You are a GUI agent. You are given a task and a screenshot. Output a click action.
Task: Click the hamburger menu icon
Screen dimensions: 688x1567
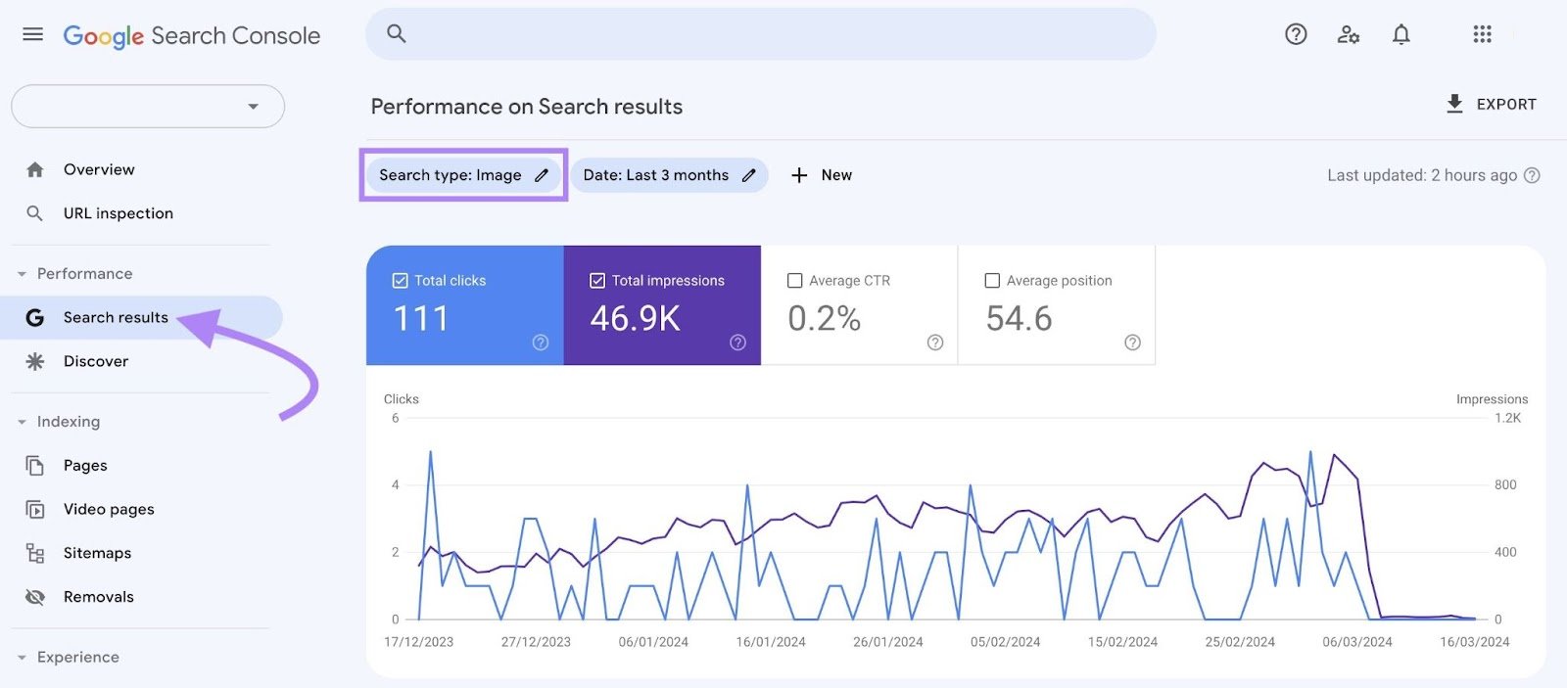pos(32,34)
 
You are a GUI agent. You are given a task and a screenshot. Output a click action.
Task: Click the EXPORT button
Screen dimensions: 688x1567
pos(1492,104)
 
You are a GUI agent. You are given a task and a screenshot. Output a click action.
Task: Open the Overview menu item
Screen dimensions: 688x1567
pos(99,169)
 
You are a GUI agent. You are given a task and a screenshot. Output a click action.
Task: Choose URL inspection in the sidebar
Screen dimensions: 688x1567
pos(118,213)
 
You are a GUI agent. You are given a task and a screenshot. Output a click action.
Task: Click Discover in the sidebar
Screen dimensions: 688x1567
pos(96,361)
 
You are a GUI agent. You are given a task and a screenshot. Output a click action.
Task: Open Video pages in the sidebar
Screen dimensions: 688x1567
pos(109,509)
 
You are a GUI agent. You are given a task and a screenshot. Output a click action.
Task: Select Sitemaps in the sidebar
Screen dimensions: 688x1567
pos(97,553)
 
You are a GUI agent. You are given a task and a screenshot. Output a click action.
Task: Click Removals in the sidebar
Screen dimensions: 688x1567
pos(98,597)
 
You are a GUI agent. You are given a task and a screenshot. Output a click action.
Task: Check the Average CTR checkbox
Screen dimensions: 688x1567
pos(795,281)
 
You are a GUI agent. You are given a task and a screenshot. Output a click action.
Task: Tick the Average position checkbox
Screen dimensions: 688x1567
pos(992,281)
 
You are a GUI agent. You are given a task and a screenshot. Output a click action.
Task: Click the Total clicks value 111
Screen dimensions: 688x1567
pos(421,318)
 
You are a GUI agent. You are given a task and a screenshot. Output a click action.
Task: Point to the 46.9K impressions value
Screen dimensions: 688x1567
pos(635,318)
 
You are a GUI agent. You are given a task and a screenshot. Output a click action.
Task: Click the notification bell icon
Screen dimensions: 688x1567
pos(1401,35)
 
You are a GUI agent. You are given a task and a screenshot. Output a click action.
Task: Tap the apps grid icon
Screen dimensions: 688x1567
pos(1482,35)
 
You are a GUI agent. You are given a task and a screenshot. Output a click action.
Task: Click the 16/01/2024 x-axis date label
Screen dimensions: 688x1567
pos(771,642)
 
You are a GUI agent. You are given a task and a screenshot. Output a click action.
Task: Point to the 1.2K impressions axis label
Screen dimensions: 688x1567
pos(1507,418)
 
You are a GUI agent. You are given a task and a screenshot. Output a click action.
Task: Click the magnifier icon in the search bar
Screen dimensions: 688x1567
pos(397,34)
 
